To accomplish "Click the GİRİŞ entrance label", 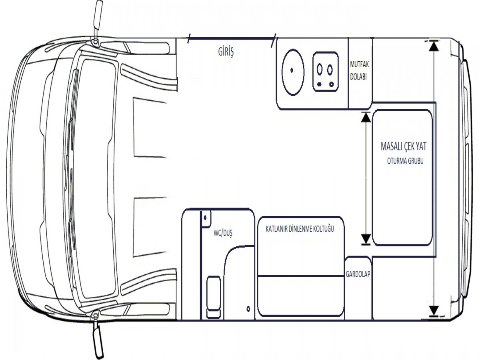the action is [226, 52].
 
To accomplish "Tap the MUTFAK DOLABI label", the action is [359, 71].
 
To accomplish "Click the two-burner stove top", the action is [325, 72].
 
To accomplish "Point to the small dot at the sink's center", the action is [292, 70].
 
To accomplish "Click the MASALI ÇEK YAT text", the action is [404, 147].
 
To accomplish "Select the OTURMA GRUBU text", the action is [405, 161].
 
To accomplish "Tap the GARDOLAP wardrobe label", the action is [358, 274].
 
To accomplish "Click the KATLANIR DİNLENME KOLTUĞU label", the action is [300, 229].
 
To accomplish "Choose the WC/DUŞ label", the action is [223, 234].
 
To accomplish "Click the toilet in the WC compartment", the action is [214, 297].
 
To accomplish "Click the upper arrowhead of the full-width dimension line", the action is [434, 46].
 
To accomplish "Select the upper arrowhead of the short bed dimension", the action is [366, 117].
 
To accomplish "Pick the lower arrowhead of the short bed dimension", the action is [366, 239].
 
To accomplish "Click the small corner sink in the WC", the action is [206, 219].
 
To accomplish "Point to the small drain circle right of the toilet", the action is [248, 309].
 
